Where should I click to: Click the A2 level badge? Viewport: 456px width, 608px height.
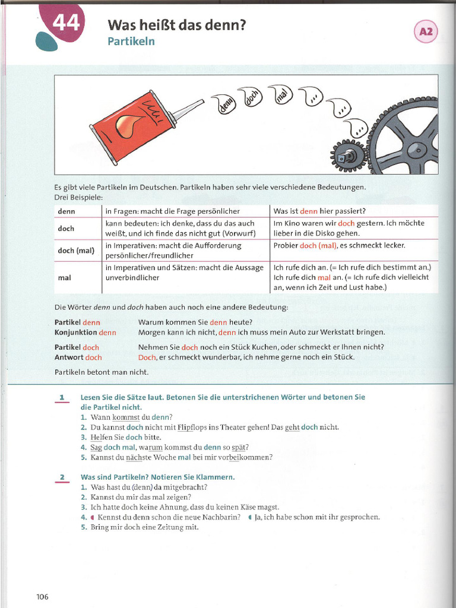pos(426,32)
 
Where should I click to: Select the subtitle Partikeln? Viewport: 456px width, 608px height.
pos(131,41)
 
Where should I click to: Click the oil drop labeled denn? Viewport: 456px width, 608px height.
pos(224,104)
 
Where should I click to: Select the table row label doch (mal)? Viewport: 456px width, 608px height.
pos(76,251)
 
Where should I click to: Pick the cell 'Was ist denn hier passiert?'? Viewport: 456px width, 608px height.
pos(319,211)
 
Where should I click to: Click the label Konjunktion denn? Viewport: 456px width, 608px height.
pos(85,332)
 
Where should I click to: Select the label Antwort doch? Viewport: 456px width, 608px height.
pos(78,357)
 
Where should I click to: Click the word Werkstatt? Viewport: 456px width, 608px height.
pos(333,332)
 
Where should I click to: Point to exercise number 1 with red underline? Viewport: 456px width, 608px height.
pos(61,397)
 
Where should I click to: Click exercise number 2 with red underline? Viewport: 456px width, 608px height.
pos(61,477)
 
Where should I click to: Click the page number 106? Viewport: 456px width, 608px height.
pos(41,597)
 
